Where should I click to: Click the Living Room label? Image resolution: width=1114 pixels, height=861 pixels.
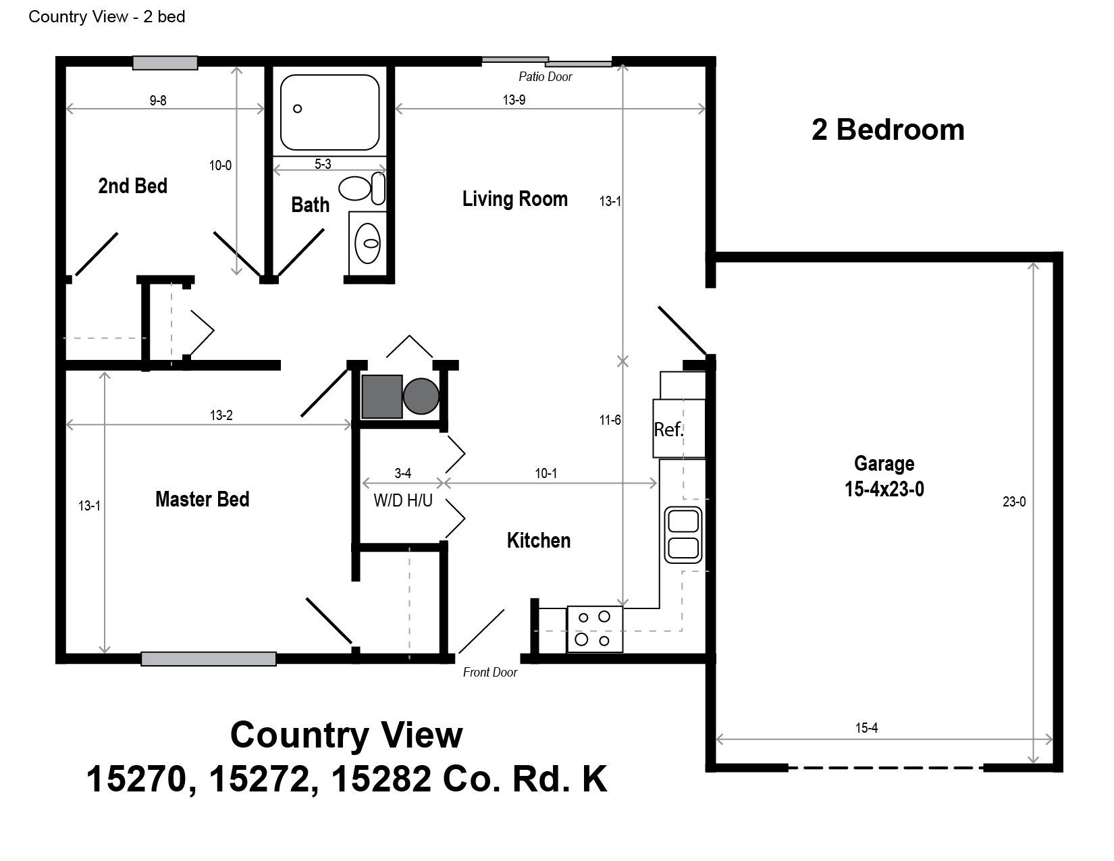point(514,199)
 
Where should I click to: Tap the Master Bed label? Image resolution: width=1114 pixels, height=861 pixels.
point(202,499)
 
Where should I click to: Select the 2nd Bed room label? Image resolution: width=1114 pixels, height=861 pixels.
point(133,186)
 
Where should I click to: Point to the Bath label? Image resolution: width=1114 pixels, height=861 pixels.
point(310,205)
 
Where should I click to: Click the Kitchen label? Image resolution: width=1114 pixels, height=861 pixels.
point(538,540)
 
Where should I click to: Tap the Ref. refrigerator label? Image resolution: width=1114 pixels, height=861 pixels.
point(668,429)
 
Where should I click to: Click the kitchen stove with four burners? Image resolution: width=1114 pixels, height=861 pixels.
point(595,629)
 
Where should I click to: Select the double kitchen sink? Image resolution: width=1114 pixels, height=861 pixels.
point(683,535)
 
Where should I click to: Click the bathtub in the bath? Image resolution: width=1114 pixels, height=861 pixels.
point(329,112)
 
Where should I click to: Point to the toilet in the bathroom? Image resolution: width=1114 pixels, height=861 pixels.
point(362,188)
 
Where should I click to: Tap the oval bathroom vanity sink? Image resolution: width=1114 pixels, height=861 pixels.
point(367,243)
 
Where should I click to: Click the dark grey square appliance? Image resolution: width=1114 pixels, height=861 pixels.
point(382,396)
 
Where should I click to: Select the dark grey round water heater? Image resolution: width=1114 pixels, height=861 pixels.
point(421,396)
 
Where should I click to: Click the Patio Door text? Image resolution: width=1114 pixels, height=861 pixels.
point(545,77)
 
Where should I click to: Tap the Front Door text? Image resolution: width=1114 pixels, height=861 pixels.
point(490,673)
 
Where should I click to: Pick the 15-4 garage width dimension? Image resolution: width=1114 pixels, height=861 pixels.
point(866,728)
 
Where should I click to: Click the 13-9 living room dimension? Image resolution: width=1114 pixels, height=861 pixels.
point(514,100)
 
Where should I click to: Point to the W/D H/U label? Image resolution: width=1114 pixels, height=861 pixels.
point(403,500)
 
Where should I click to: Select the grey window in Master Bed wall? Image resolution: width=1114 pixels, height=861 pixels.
point(209,659)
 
